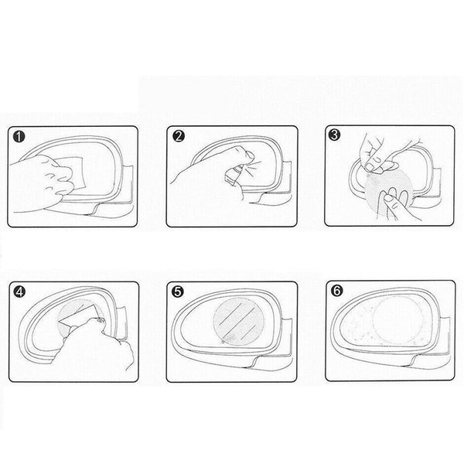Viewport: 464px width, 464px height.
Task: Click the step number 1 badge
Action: pyautogui.click(x=19, y=138)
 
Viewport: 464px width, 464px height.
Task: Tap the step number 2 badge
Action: pyautogui.click(x=179, y=136)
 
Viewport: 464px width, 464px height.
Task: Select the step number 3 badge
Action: pyautogui.click(x=334, y=135)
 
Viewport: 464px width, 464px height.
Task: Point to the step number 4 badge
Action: pyautogui.click(x=19, y=292)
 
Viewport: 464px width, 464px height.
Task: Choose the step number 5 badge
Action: pyautogui.click(x=178, y=292)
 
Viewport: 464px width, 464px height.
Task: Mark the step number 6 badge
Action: pyautogui.click(x=337, y=291)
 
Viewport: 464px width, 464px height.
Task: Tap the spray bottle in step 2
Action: pyautogui.click(x=234, y=176)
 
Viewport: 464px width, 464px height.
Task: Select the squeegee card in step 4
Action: pyautogui.click(x=78, y=316)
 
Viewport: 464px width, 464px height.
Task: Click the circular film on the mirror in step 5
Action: pyautogui.click(x=239, y=322)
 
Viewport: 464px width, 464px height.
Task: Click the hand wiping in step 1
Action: pyautogui.click(x=42, y=183)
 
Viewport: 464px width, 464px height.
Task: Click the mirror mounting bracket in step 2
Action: pyautogui.click(x=285, y=178)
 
